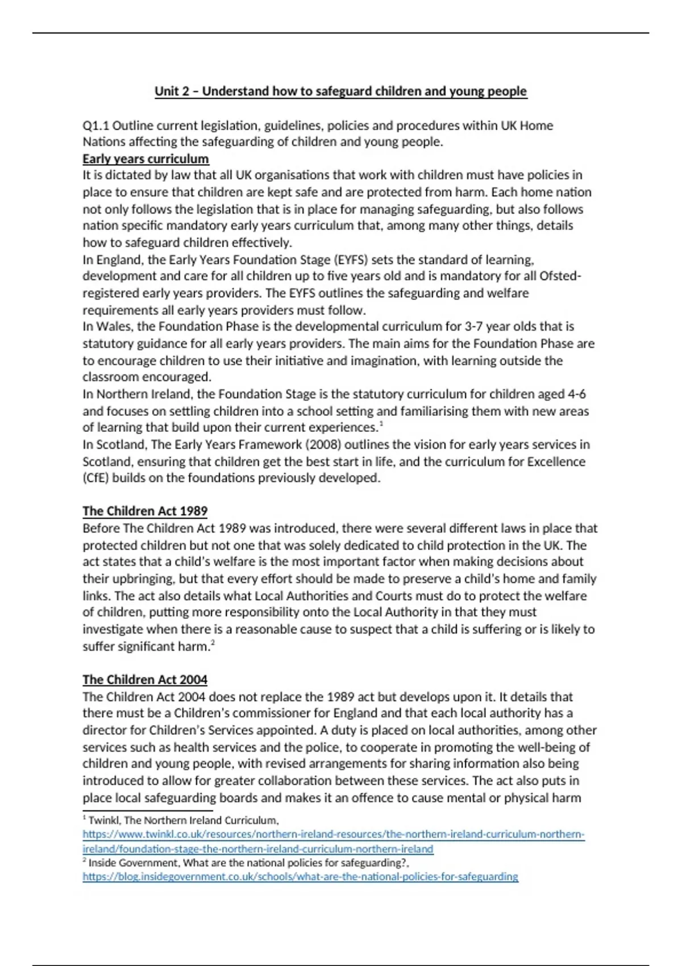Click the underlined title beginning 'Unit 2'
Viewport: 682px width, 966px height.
pyautogui.click(x=340, y=91)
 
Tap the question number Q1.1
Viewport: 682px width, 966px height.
pyautogui.click(x=95, y=126)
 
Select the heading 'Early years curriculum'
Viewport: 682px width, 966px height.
pyautogui.click(x=145, y=159)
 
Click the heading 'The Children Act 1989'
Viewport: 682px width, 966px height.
pyautogui.click(x=145, y=511)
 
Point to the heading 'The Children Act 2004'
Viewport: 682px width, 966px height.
pyautogui.click(x=145, y=680)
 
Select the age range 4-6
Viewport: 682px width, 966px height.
pyautogui.click(x=577, y=394)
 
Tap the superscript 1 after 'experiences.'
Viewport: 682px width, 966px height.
pyautogui.click(x=381, y=424)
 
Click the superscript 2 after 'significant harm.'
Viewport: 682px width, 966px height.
pyautogui.click(x=213, y=643)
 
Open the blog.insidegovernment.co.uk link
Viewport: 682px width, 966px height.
pyautogui.click(x=300, y=877)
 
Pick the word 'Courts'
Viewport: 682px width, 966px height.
pyautogui.click(x=394, y=596)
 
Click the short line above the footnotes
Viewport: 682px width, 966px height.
pyautogui.click(x=147, y=811)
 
